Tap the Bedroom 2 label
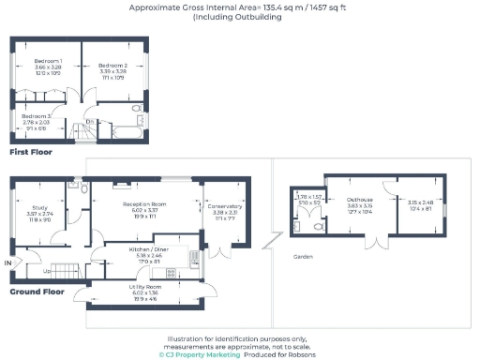tap(112, 65)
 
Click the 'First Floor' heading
tap(31, 151)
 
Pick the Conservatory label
tap(221, 207)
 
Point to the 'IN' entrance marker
tap(9, 264)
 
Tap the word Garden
tap(303, 256)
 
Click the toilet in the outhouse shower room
tap(319, 226)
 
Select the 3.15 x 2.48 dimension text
tap(420, 202)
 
